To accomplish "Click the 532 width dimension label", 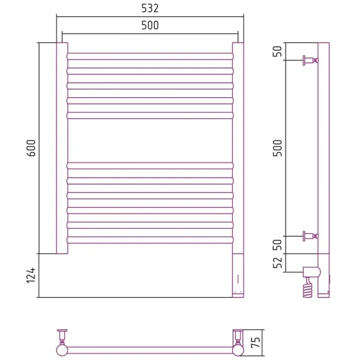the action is click(x=150, y=8).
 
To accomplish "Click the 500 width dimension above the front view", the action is click(x=150, y=25).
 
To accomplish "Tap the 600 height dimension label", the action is click(x=31, y=148).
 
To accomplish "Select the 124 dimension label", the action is click(x=31, y=275).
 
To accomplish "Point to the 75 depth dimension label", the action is click(x=256, y=342).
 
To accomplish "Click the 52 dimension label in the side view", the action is click(x=278, y=263).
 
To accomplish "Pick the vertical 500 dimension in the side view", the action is click(x=278, y=148).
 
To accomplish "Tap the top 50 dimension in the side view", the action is click(x=278, y=51).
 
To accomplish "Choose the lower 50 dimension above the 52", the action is click(x=278, y=245).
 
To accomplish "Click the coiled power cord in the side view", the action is click(x=308, y=288).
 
